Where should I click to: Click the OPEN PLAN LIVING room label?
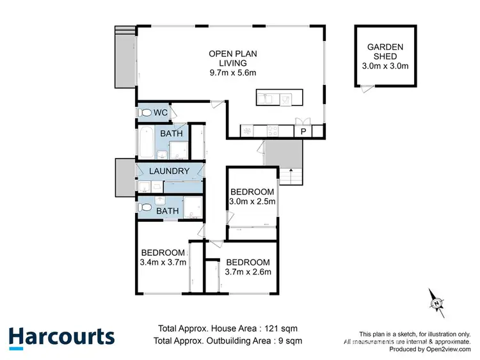[233, 63]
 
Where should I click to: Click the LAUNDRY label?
[169, 171]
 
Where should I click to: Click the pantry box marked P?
[303, 131]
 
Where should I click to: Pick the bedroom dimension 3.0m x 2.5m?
[252, 201]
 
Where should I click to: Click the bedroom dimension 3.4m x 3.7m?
[163, 261]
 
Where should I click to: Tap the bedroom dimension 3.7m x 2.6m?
[248, 271]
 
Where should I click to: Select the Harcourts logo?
[61, 337]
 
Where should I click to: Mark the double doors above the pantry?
[303, 121]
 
